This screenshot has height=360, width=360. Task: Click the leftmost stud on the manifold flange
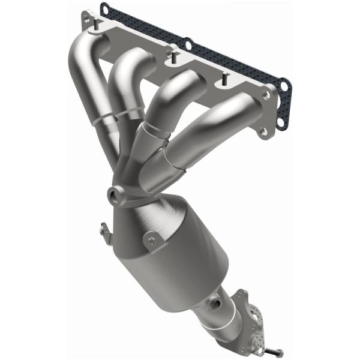(96, 25)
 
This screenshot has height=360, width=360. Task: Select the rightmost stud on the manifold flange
(224, 79)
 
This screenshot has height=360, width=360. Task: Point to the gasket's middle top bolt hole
(187, 43)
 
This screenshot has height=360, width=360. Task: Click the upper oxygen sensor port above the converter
(115, 194)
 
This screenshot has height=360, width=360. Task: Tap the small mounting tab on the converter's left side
(104, 230)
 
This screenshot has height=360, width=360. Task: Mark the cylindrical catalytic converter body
(180, 252)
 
